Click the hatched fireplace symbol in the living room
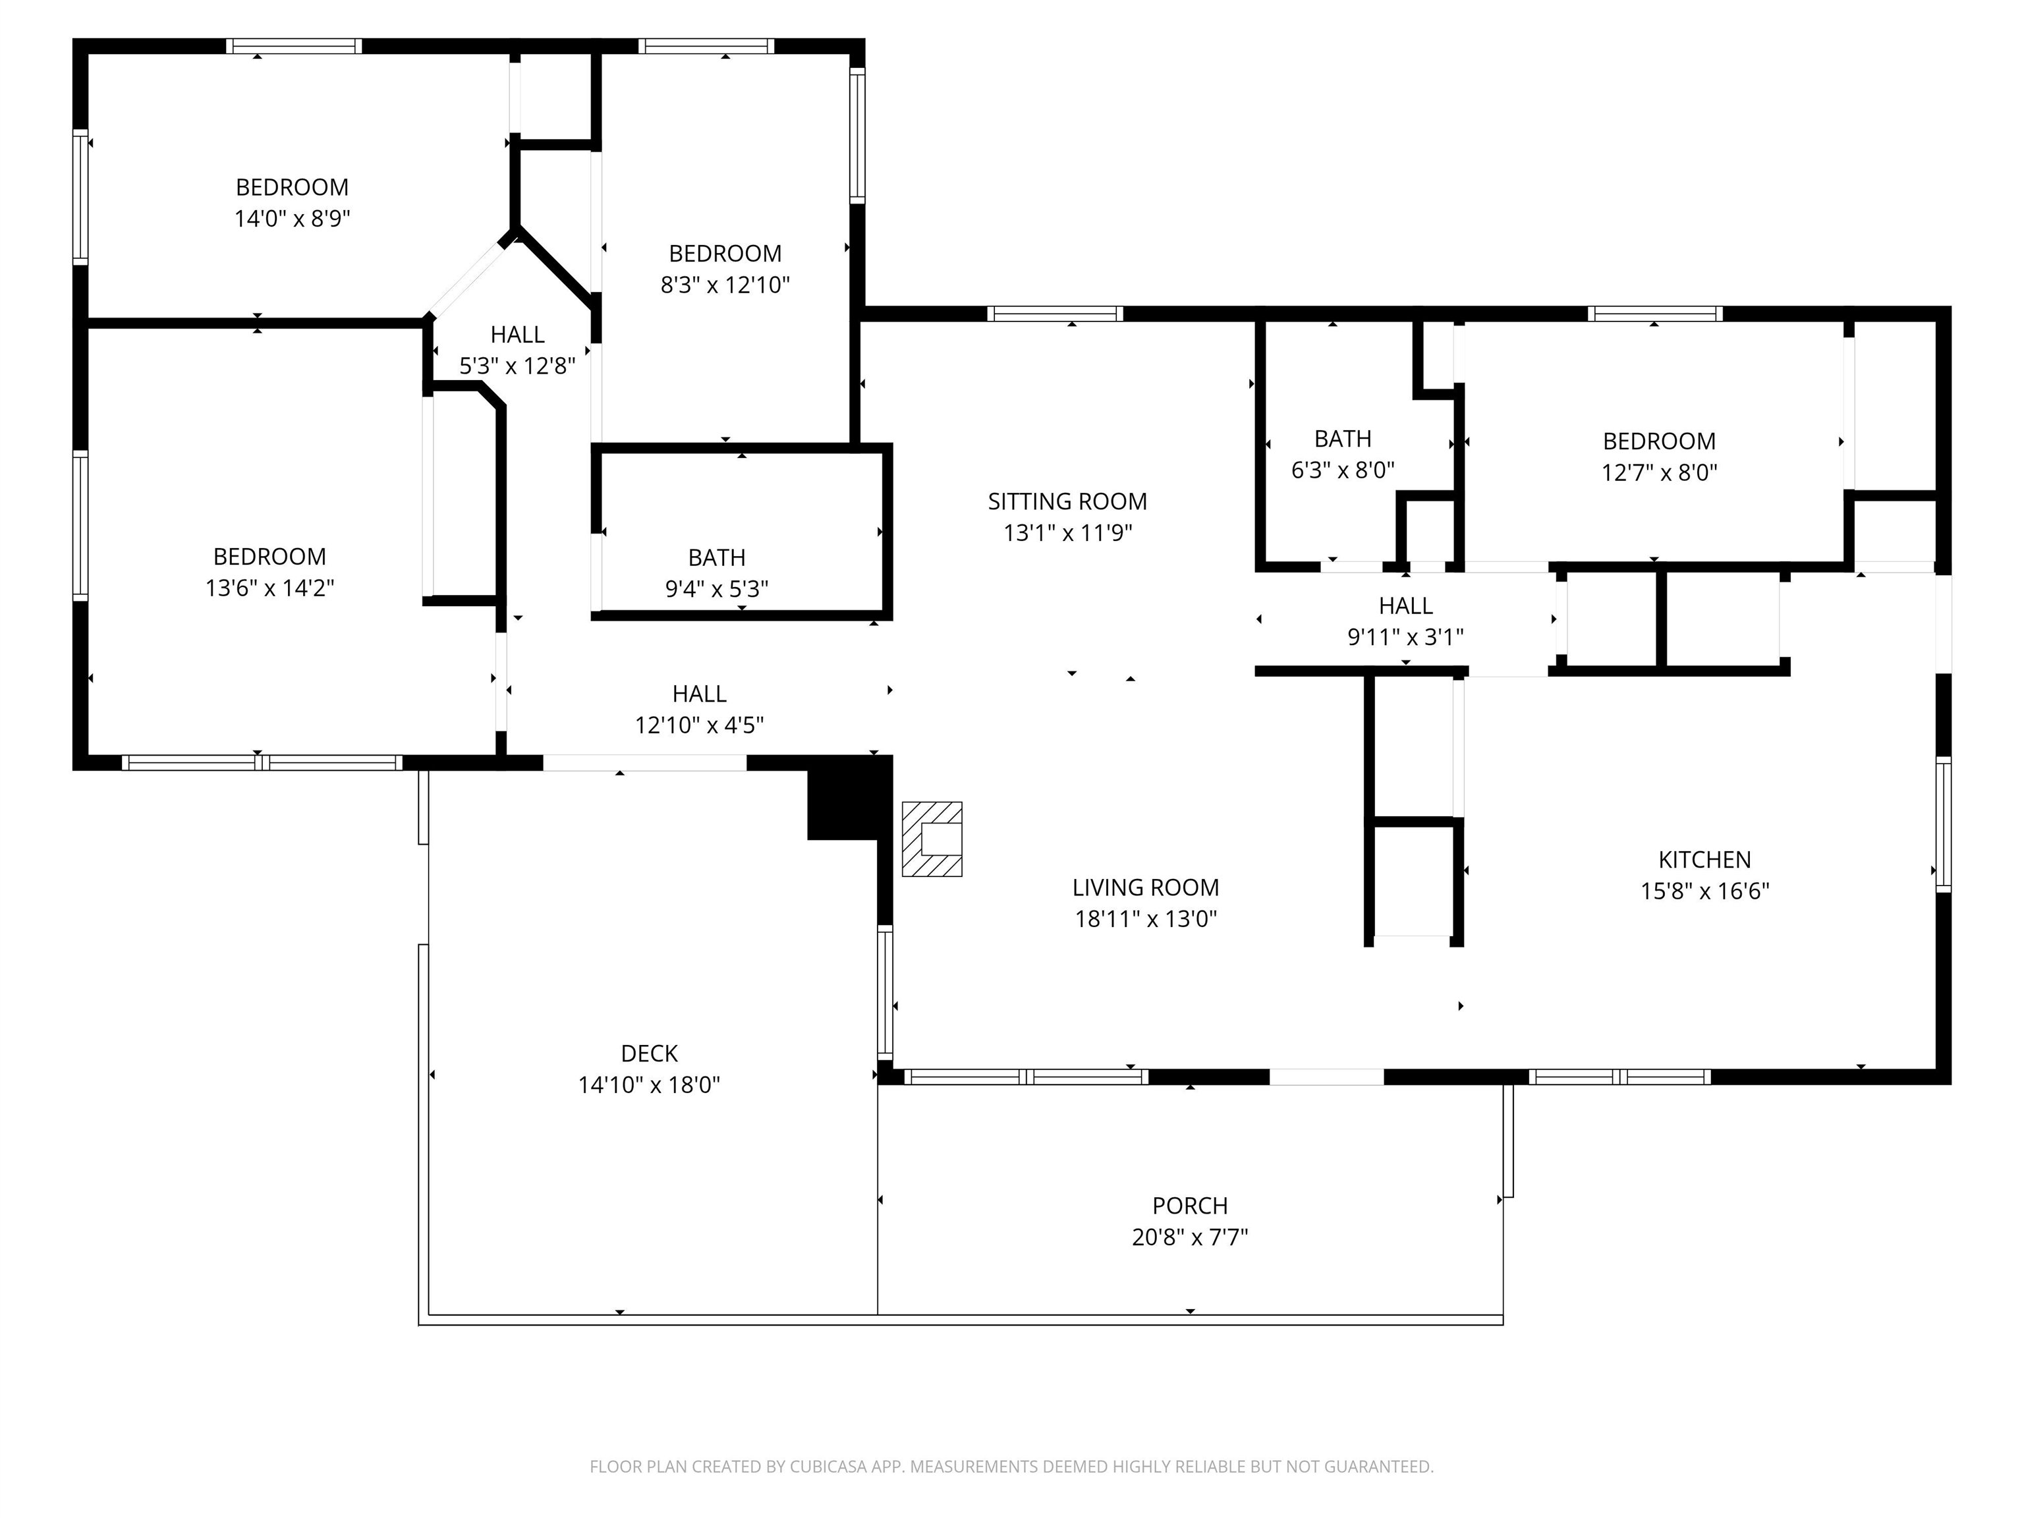[932, 839]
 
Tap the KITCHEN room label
[1704, 860]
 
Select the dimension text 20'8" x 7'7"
[1189, 1237]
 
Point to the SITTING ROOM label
[1067, 501]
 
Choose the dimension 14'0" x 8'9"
[293, 219]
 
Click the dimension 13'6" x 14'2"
[270, 588]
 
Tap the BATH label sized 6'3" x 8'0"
[1342, 439]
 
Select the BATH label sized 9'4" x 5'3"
[716, 557]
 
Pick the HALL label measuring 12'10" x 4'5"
[699, 694]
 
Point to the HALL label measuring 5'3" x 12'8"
[517, 335]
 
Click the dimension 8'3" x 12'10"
[725, 285]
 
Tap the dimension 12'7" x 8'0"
[1659, 472]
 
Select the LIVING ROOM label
[1146, 887]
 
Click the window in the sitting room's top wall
[1055, 314]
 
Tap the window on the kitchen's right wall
[1944, 824]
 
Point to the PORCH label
[1189, 1206]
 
